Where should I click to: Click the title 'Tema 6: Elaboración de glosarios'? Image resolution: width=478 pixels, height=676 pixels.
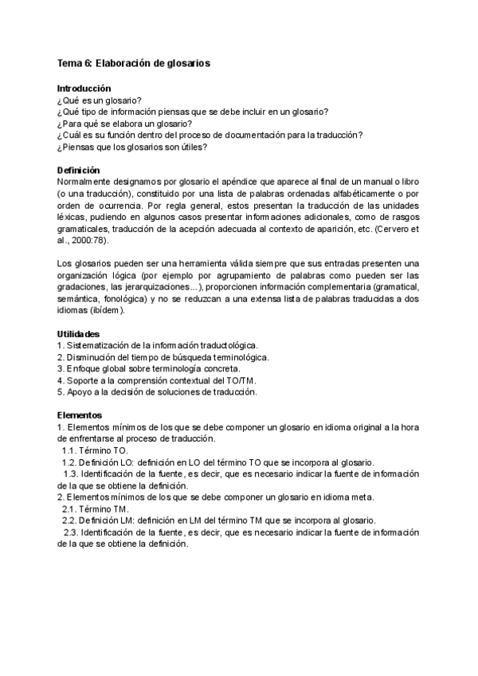pyautogui.click(x=134, y=63)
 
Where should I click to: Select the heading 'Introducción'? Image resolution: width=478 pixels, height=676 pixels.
pyautogui.click(x=84, y=88)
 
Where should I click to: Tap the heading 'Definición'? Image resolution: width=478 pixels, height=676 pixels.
pyautogui.click(x=79, y=171)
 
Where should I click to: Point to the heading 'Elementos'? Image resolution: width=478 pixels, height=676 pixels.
pyautogui.click(x=80, y=415)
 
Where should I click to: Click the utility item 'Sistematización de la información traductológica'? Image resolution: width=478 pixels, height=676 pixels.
pyautogui.click(x=163, y=344)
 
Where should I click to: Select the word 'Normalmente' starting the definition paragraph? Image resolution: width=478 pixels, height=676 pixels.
pyautogui.click(x=86, y=183)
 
